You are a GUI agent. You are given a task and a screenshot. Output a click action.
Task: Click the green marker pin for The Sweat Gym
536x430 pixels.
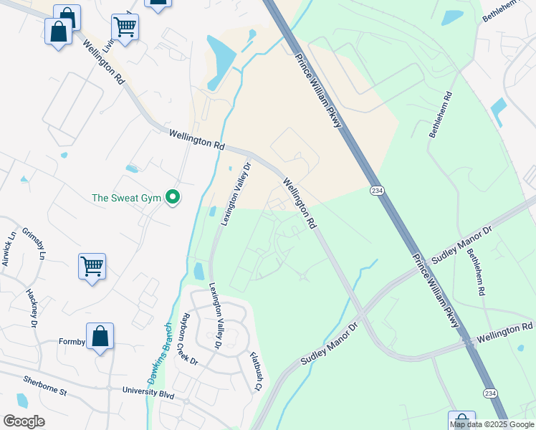[172, 196]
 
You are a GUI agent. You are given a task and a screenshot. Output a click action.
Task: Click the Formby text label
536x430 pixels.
[72, 343]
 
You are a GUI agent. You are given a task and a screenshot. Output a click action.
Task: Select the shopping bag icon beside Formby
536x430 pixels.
[100, 336]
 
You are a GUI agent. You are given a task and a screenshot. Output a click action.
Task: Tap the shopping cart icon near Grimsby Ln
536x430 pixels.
[92, 267]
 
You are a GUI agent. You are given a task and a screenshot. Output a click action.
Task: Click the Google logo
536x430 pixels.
[24, 421]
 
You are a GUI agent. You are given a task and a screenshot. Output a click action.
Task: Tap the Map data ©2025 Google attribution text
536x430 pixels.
[492, 424]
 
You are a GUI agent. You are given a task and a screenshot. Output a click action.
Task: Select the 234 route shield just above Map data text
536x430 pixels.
[489, 393]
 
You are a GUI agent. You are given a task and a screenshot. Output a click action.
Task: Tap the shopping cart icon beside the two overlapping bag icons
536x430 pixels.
[125, 27]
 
